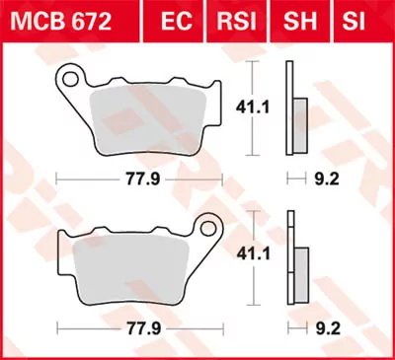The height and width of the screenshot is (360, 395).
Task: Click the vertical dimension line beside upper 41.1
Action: (255, 108)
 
